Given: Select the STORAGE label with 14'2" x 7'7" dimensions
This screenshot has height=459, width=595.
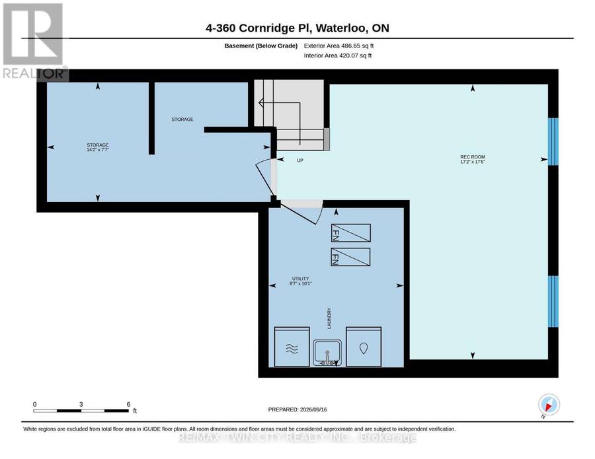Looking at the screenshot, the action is [x=98, y=147].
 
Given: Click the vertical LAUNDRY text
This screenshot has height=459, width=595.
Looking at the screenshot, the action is [x=329, y=318].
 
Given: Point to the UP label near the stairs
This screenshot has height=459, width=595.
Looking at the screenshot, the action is [x=299, y=160].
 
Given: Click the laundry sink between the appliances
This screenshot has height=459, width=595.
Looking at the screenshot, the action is [x=327, y=353].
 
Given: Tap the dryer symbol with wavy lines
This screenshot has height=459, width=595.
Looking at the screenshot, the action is [x=292, y=347].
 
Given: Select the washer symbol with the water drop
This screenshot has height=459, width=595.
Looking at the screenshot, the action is [x=364, y=347].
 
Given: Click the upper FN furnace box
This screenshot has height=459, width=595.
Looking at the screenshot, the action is [x=350, y=232].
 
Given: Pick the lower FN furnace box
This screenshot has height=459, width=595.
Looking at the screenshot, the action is [x=350, y=257].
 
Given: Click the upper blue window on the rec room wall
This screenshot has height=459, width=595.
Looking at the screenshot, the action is [x=553, y=142].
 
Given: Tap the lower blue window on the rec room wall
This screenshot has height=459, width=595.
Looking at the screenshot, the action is [x=553, y=301].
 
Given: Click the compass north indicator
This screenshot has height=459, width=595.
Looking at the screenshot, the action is [x=549, y=404].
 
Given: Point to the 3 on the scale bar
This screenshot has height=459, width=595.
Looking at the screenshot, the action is [x=81, y=404].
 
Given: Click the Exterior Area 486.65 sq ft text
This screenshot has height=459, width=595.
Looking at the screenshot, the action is [x=338, y=46].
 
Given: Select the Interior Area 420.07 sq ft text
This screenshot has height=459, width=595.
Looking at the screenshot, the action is [x=338, y=55].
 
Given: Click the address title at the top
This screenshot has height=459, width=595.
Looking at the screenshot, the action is [x=297, y=28].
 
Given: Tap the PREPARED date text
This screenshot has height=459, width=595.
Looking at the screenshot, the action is [x=297, y=409].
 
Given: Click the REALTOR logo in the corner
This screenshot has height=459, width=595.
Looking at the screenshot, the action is [x=34, y=41].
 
